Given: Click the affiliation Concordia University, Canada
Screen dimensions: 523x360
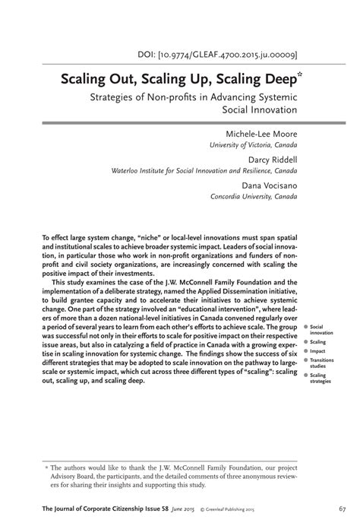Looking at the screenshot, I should tap(254, 196).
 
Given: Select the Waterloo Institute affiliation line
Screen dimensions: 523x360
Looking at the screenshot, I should tap(204, 171).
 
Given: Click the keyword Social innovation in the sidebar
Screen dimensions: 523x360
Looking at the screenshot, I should tap(321, 329).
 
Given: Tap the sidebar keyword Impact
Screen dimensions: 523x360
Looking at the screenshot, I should tap(317, 351).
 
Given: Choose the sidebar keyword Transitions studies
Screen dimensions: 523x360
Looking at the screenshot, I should tap(322, 363).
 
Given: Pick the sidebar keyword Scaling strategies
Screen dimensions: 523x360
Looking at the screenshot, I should tap(322, 379).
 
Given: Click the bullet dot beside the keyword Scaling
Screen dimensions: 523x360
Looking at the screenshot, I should tap(305, 342).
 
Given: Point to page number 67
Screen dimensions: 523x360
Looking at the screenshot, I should tap(343, 508).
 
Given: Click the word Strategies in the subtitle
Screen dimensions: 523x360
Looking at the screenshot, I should tap(113, 97).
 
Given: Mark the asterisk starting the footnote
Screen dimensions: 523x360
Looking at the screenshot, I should tap(46, 469).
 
